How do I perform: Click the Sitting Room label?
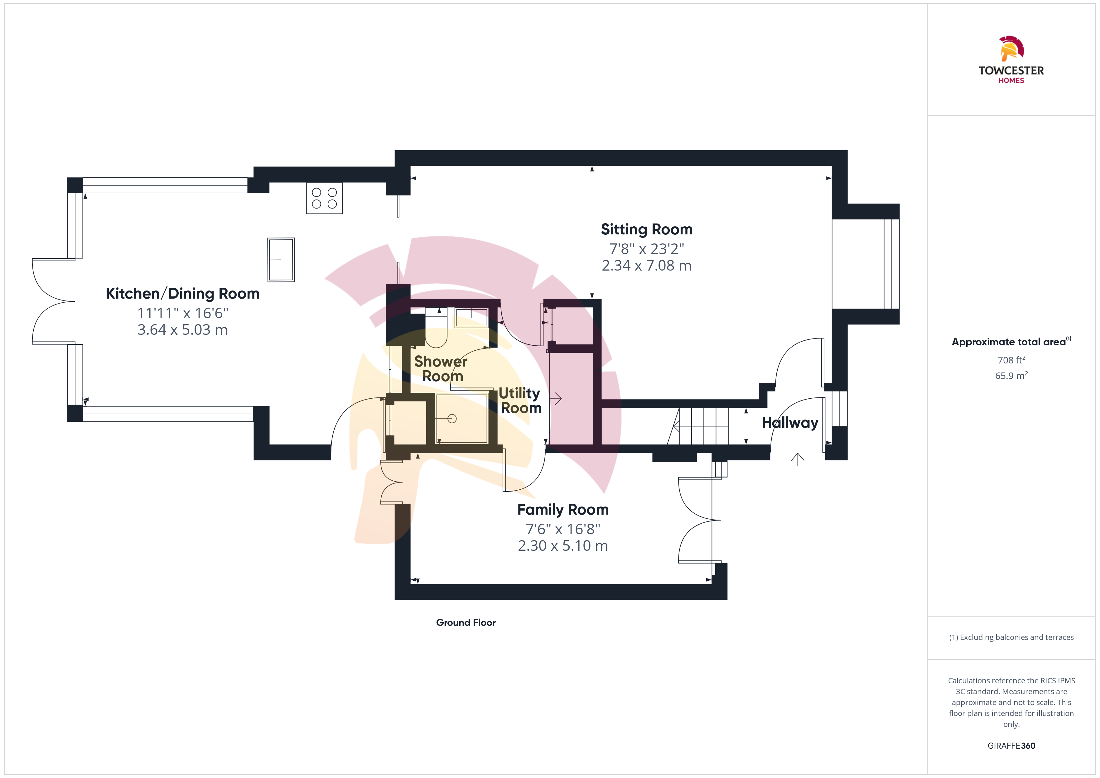pyautogui.click(x=646, y=229)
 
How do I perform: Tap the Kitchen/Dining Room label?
pyautogui.click(x=182, y=293)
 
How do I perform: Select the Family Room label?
pyautogui.click(x=563, y=509)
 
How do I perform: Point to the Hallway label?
pyautogui.click(x=790, y=423)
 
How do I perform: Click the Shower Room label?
pyautogui.click(x=441, y=368)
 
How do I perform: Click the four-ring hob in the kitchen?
pyautogui.click(x=324, y=198)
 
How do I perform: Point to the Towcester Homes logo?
pyautogui.click(x=1011, y=60)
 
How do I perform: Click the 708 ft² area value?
pyautogui.click(x=1011, y=360)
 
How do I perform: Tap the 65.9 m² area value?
pyautogui.click(x=1011, y=376)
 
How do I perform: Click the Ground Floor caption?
pyautogui.click(x=466, y=622)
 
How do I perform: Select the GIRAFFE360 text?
pyautogui.click(x=1011, y=745)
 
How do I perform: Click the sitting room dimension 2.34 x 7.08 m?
pyautogui.click(x=646, y=265)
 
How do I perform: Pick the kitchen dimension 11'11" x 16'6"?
pyautogui.click(x=182, y=313)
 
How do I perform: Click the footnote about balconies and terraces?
pyautogui.click(x=1011, y=637)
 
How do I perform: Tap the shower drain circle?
pyautogui.click(x=452, y=419)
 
